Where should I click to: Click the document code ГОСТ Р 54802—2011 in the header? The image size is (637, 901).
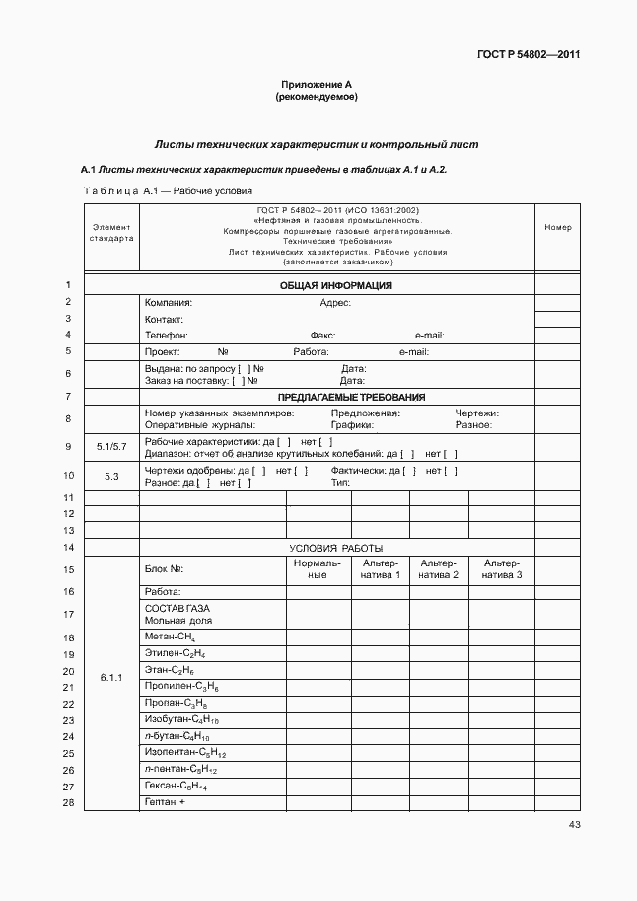528,55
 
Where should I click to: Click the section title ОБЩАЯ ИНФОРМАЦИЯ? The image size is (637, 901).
336,286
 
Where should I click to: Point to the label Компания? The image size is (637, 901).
169,303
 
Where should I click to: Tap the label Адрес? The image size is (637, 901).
335,303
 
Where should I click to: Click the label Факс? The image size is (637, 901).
322,336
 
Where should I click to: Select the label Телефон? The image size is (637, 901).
167,336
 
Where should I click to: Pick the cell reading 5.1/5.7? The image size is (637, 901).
111,447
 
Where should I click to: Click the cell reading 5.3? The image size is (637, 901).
111,477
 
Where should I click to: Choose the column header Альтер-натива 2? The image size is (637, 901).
439,568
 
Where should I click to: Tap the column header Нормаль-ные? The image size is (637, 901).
318,568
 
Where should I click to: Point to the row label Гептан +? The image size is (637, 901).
166,802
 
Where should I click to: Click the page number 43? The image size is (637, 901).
574,825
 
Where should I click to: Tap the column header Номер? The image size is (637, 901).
558,228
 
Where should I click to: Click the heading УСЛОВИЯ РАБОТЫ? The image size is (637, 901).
335,548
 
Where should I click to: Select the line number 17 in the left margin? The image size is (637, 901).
69,615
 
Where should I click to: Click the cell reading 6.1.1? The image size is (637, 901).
111,678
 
